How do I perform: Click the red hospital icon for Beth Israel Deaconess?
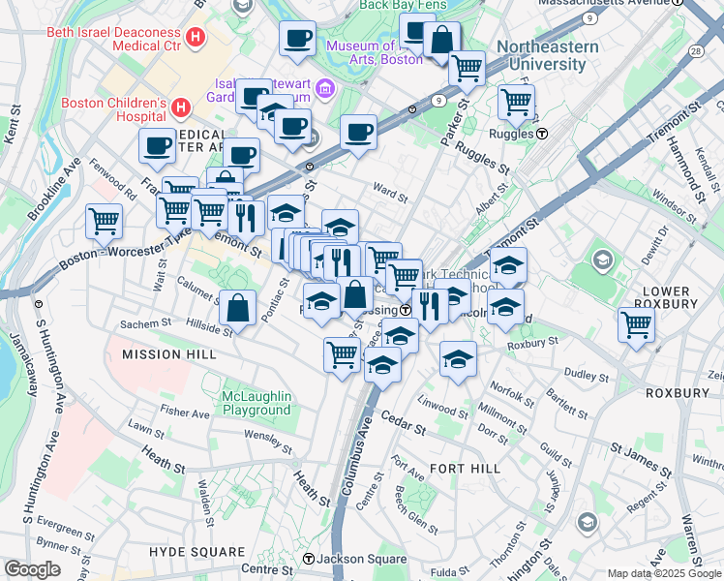[x=196, y=38]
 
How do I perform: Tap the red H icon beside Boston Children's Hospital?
[x=180, y=105]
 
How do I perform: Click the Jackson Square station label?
[x=351, y=559]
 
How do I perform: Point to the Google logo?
[x=32, y=569]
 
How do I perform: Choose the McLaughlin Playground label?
[x=242, y=402]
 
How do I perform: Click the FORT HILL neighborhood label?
[x=465, y=469]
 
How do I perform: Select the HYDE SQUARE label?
[x=196, y=552]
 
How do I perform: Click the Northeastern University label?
[x=541, y=56]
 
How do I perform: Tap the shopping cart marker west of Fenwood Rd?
[x=104, y=220]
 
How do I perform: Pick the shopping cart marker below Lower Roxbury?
[x=636, y=324]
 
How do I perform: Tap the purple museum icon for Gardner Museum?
[x=324, y=90]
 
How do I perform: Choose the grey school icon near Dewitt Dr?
[x=603, y=260]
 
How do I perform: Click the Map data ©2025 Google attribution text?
[x=664, y=573]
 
